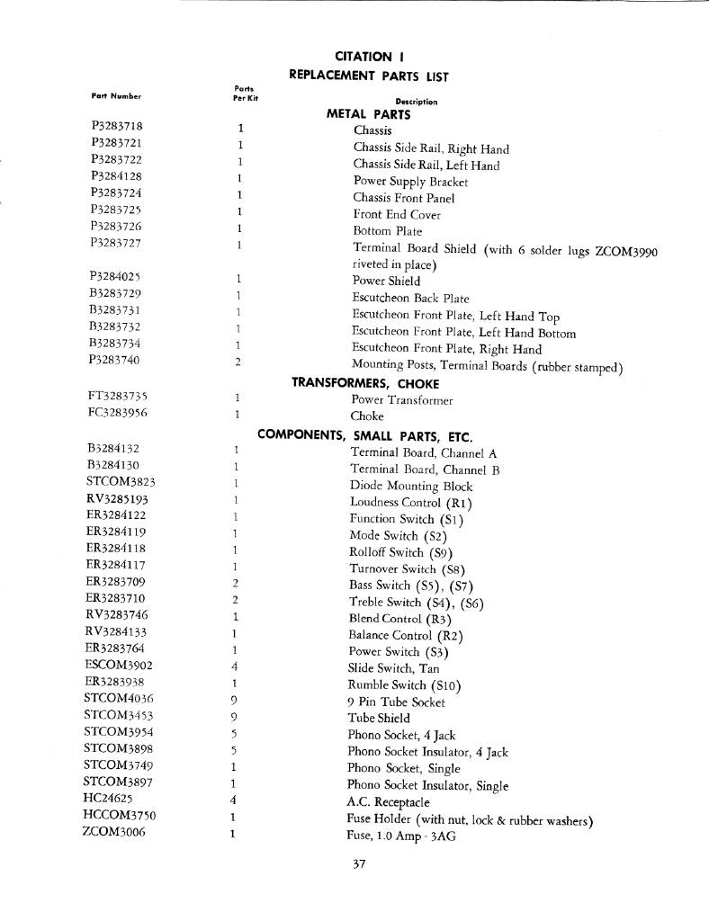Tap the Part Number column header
pyautogui.click(x=116, y=95)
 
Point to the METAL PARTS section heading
pyautogui.click(x=368, y=115)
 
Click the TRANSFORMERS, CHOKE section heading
pyautogui.click(x=353, y=382)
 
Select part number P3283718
pyautogui.click(x=117, y=127)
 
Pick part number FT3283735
pyautogui.click(x=117, y=396)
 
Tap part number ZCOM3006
pyautogui.click(x=113, y=832)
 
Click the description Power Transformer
pyautogui.click(x=401, y=400)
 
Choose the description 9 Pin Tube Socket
pyautogui.click(x=396, y=702)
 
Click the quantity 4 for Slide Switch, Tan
pyautogui.click(x=234, y=667)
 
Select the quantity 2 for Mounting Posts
pyautogui.click(x=238, y=362)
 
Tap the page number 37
pyautogui.click(x=359, y=866)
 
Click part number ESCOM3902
pyautogui.click(x=118, y=665)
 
